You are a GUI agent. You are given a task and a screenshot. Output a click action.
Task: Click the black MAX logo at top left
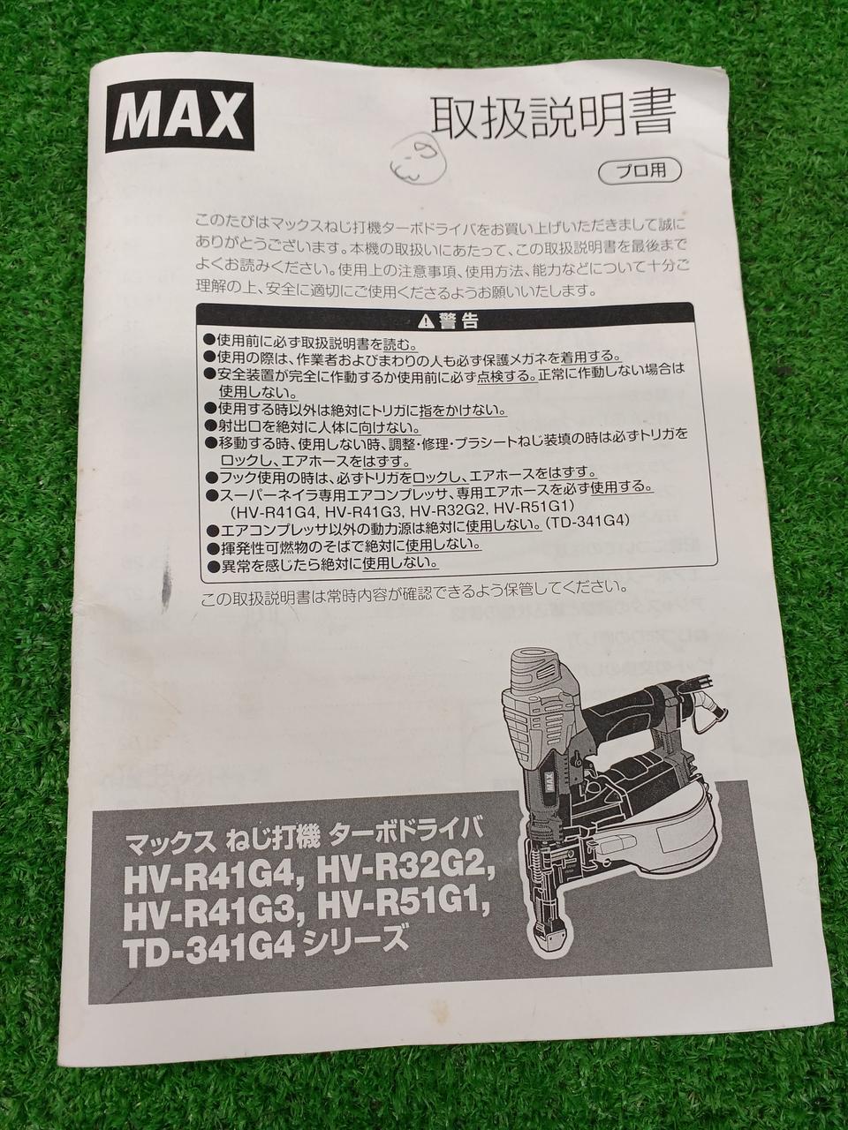[x=175, y=118]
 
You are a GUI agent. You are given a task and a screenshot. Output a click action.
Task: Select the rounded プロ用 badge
[x=640, y=170]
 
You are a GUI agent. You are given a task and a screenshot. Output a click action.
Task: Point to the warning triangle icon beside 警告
[x=424, y=321]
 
